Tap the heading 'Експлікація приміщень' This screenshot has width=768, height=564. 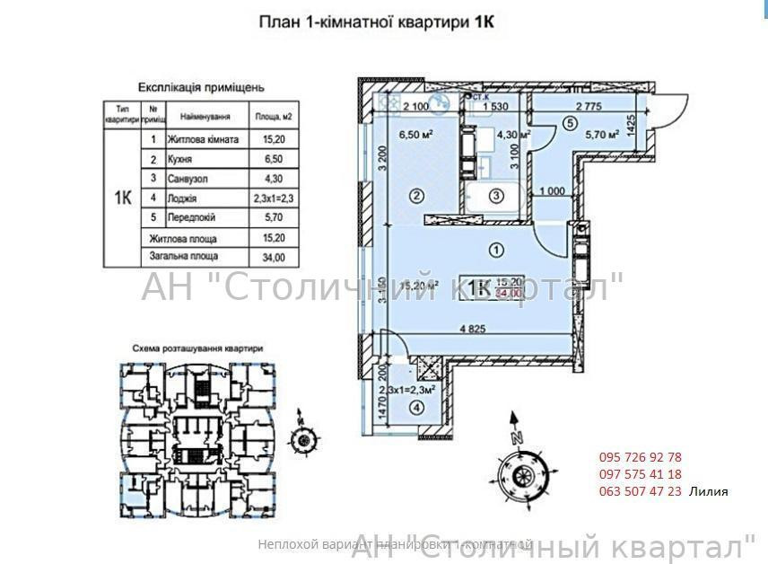pos(201,87)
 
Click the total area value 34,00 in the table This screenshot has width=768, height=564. pos(272,257)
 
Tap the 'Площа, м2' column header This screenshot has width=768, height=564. pos(274,117)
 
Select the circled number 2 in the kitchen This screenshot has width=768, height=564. pos(416,195)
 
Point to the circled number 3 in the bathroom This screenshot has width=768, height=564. pos(496,196)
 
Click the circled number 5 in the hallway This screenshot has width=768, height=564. pos(568,124)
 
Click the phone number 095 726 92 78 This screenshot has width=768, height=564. pos(640,457)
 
